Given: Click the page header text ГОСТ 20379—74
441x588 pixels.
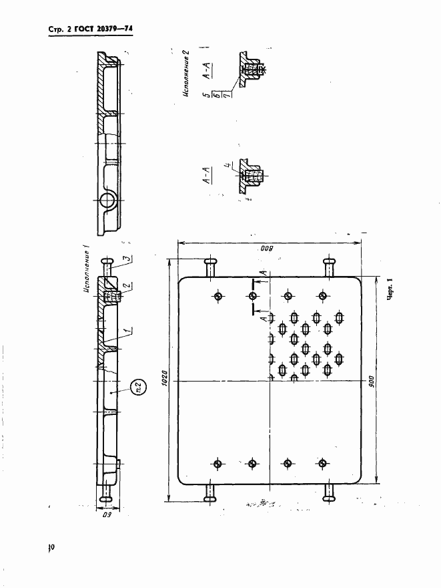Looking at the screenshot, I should [106, 29].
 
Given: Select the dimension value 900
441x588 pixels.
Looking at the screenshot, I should [373, 380].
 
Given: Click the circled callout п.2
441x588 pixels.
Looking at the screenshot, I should [139, 386].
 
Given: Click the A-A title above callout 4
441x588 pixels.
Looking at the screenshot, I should [207, 174].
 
